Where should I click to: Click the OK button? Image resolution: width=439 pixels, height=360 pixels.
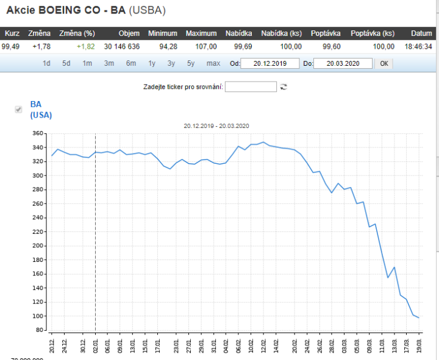[x=384, y=63]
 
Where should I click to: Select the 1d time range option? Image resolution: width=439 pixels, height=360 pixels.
[x=47, y=63]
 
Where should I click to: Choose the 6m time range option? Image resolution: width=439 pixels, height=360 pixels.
[x=131, y=63]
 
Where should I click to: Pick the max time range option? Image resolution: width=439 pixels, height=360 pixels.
[x=213, y=63]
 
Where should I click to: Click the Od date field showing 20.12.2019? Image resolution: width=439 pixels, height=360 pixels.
[x=270, y=63]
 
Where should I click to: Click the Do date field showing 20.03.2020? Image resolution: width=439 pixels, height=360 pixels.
[x=342, y=63]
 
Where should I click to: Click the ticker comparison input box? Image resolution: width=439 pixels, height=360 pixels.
[x=251, y=86]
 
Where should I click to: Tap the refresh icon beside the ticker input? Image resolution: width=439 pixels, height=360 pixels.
[x=284, y=86]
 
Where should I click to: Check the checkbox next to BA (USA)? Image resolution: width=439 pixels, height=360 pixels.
[x=18, y=109]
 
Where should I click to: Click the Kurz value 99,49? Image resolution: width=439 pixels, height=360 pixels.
[x=11, y=46]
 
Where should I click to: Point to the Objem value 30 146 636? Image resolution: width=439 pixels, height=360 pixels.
[x=122, y=46]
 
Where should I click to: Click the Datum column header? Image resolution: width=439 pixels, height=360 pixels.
[x=421, y=34]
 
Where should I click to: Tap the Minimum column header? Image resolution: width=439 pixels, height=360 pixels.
[x=162, y=34]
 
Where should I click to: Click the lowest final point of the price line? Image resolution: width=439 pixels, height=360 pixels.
[x=419, y=318]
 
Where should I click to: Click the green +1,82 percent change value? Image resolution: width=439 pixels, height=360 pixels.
[x=86, y=46]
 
